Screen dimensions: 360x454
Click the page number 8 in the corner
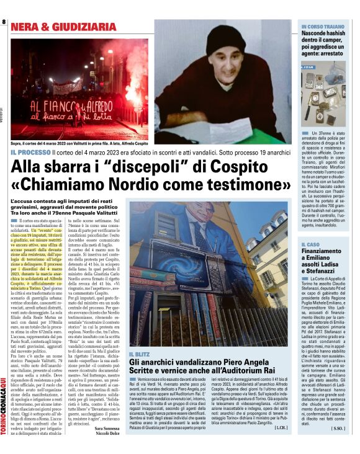(x=5, y=22)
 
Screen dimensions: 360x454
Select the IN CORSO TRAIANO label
(x=323, y=27)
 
